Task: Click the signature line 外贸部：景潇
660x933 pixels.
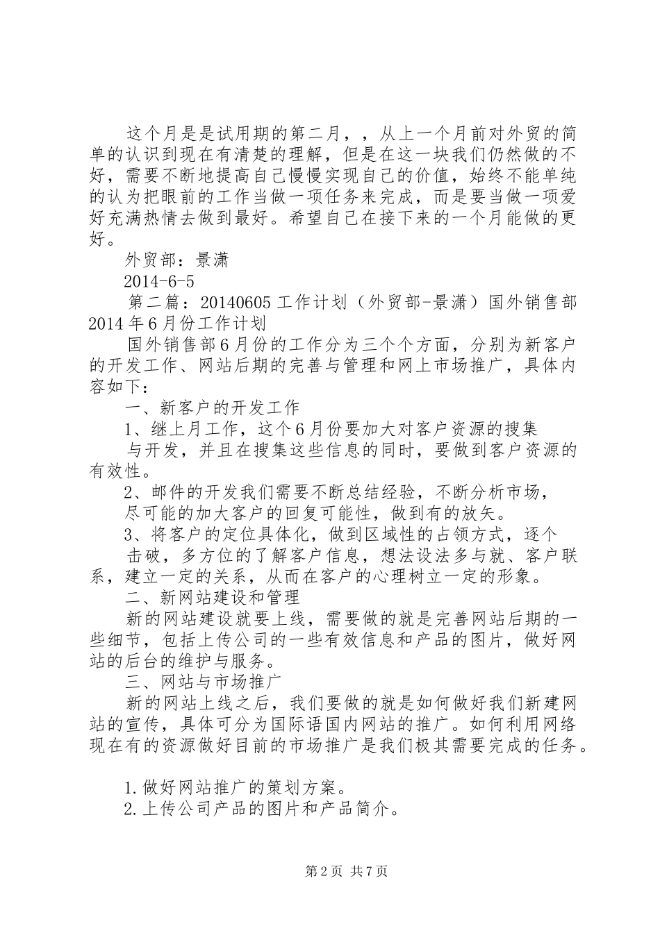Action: (176, 260)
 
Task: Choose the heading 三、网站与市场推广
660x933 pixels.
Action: (202, 680)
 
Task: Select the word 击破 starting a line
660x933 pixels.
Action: (144, 555)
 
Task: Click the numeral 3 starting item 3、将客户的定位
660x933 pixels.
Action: (129, 535)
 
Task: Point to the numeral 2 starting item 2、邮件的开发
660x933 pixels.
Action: (129, 493)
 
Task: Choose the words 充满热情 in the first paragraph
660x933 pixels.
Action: (145, 219)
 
